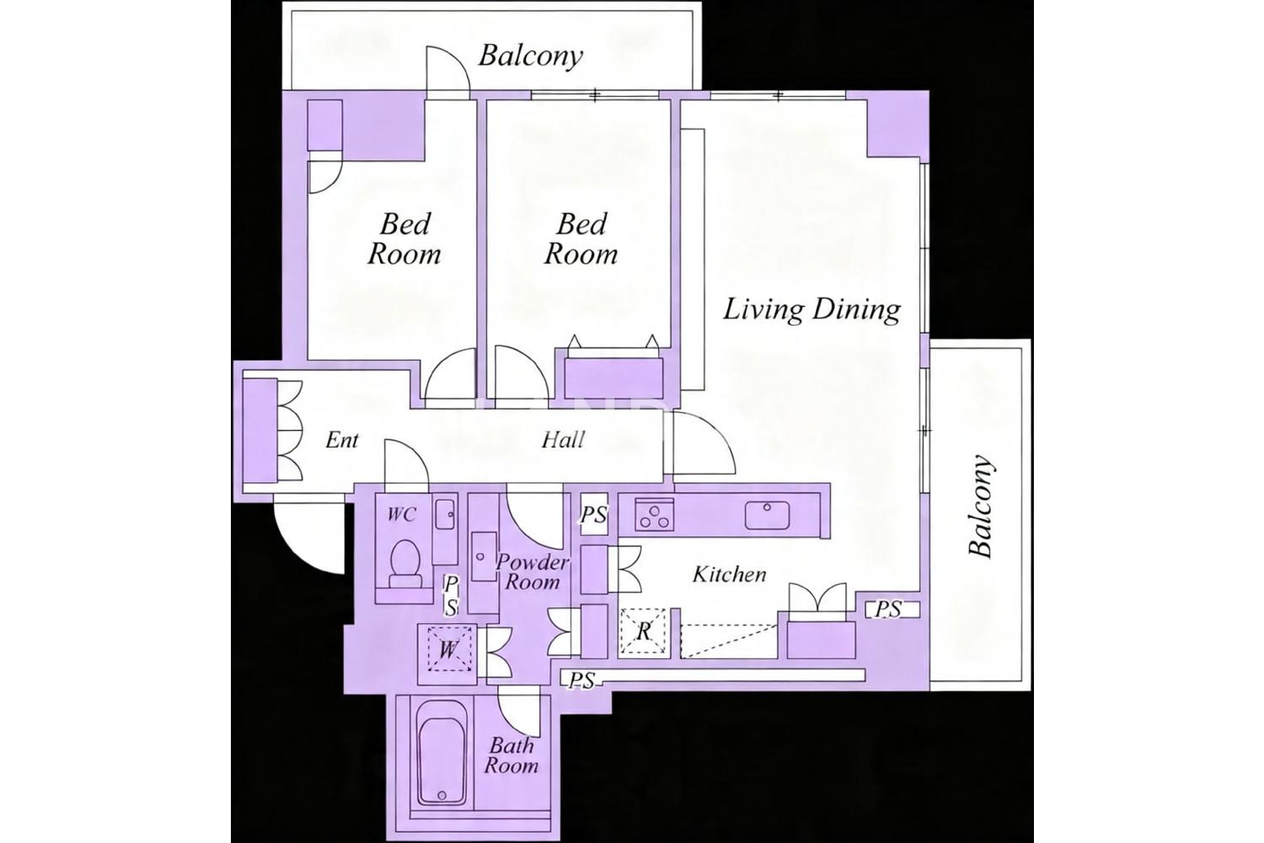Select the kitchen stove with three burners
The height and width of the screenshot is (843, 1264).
pyautogui.click(x=655, y=514)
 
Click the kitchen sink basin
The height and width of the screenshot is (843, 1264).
pyautogui.click(x=767, y=515)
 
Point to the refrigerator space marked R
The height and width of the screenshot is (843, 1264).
pyautogui.click(x=643, y=631)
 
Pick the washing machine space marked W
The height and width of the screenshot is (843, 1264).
pyautogui.click(x=449, y=649)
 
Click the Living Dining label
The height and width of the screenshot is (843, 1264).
pyautogui.click(x=812, y=310)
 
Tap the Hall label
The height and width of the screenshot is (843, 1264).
pyautogui.click(x=563, y=440)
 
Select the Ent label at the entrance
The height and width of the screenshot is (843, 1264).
pyautogui.click(x=341, y=440)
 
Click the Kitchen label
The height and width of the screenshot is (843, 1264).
pyautogui.click(x=729, y=574)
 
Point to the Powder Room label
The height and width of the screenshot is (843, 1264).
pyautogui.click(x=532, y=572)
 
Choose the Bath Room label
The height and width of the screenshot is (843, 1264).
pyautogui.click(x=511, y=755)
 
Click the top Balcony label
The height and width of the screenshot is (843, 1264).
pyautogui.click(x=530, y=56)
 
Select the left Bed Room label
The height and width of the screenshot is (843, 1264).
pyautogui.click(x=404, y=239)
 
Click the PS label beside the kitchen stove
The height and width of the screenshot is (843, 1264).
pyautogui.click(x=593, y=514)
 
